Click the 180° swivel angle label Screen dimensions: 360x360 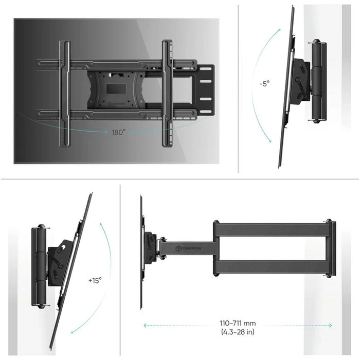click(x=118, y=132)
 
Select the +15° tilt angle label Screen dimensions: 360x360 click(x=95, y=280)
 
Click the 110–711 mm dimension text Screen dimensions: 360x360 click(x=238, y=323)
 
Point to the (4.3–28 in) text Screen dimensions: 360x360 click(x=238, y=332)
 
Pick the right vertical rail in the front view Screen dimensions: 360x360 click(x=166, y=93)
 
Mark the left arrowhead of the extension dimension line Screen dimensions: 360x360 click(x=145, y=325)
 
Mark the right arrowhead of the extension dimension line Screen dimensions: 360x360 click(x=331, y=325)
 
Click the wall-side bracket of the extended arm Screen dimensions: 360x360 click(x=330, y=249)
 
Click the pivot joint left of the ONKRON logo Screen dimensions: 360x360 click(x=163, y=248)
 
